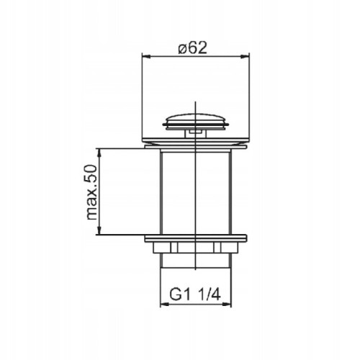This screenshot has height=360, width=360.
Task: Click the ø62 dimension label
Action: (x=192, y=48)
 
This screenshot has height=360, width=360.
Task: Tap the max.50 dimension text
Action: (x=91, y=192)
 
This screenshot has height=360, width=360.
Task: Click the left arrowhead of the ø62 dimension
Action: (x=146, y=56)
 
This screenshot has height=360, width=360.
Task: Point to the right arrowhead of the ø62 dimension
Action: (x=246, y=56)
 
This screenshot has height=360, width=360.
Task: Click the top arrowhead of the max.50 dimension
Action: (x=99, y=153)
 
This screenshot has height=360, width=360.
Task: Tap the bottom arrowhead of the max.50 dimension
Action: (x=99, y=230)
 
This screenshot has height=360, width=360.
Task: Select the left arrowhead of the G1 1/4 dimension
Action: (x=164, y=305)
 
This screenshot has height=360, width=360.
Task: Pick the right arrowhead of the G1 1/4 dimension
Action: (x=227, y=305)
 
